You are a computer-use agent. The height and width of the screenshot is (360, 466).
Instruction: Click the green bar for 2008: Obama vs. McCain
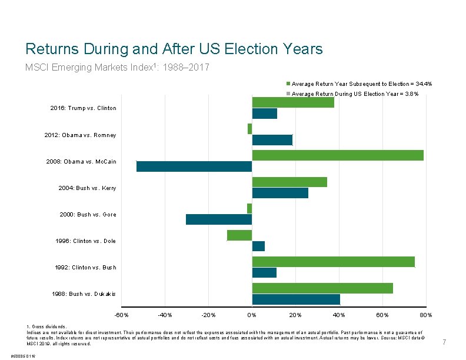pyautogui.click(x=337, y=155)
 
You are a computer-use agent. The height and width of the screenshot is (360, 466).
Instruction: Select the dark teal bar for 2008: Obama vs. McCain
pyautogui.click(x=194, y=166)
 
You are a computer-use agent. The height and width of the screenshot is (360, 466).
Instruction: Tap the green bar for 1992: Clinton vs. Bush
pyautogui.click(x=333, y=262)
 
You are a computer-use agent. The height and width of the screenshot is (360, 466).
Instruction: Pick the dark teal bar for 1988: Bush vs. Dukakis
pyautogui.click(x=296, y=299)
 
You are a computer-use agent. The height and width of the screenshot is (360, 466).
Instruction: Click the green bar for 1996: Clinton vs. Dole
pyautogui.click(x=239, y=235)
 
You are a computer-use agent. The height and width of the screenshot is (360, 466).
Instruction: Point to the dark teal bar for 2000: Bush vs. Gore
pyautogui.click(x=219, y=219)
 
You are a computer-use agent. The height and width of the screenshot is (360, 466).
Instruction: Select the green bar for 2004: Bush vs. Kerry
pyautogui.click(x=289, y=182)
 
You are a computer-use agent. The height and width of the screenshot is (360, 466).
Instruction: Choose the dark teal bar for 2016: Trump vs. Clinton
pyautogui.click(x=264, y=114)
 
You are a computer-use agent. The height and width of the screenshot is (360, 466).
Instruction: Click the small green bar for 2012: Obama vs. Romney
pyautogui.click(x=249, y=129)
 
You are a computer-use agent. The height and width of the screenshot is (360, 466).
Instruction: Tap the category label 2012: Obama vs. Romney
pyautogui.click(x=80, y=135)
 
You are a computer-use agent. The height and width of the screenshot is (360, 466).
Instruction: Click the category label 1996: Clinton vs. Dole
pyautogui.click(x=86, y=241)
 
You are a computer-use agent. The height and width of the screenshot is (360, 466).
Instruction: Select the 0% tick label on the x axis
pyautogui.click(x=252, y=315)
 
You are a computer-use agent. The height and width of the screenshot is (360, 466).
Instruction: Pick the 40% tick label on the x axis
pyautogui.click(x=339, y=315)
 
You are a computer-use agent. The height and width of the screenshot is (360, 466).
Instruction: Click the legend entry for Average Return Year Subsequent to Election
pyautogui.click(x=362, y=84)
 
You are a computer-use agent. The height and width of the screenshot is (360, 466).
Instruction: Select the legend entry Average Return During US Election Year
pyautogui.click(x=355, y=94)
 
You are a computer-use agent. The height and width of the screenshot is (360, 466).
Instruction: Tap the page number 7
pyautogui.click(x=444, y=342)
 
